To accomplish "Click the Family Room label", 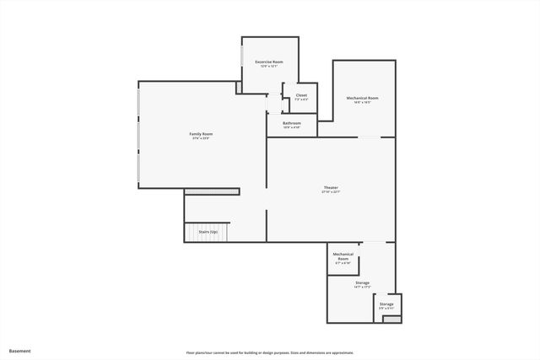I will point(201,134).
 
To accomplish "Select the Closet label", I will point(301,95).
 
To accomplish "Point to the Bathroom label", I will point(292,123).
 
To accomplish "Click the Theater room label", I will point(331,187).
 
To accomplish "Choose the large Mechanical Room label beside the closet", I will point(363,98).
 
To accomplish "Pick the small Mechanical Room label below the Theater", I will point(343,255).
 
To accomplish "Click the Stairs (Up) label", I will point(208,232).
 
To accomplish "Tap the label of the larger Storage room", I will point(362,282).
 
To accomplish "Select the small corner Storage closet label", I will point(386,304).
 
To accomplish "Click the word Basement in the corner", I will point(20,351).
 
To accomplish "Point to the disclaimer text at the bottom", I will point(270,352).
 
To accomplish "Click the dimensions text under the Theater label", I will point(331,192).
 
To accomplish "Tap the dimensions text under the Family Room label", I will point(201,139).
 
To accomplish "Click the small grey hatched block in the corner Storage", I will point(388,318).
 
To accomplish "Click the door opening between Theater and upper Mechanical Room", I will point(370,137).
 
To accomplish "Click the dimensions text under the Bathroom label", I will point(292,128).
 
